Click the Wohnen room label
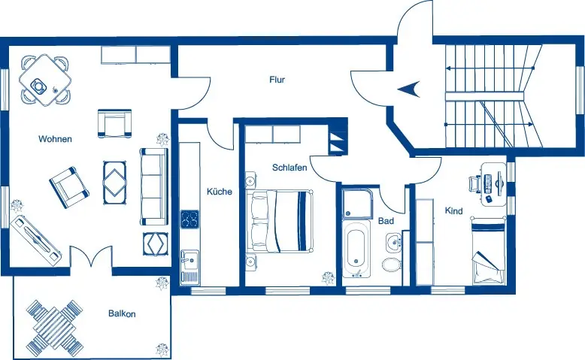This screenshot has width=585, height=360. (55, 139)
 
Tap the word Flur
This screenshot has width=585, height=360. (277, 80)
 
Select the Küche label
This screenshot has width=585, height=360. (220, 192)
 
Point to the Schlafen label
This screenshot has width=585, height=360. (289, 168)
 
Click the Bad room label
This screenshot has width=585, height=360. (386, 221)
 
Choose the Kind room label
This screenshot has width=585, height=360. (453, 210)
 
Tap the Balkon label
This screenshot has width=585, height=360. (122, 313)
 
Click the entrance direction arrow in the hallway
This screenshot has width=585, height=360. (409, 89)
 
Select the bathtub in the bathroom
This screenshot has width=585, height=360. (356, 249)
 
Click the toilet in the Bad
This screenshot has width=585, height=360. (391, 264)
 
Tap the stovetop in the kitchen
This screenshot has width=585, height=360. (189, 219)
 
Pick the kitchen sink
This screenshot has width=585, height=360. (189, 266)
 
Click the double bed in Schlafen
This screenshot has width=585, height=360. (279, 220)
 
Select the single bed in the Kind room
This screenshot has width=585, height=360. (488, 253)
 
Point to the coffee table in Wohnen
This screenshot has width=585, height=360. (114, 183)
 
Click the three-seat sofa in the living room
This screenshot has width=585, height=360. (153, 186)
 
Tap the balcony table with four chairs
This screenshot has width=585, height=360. (55, 328)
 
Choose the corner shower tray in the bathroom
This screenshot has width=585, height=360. (358, 204)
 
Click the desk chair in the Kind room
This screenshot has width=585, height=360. (474, 184)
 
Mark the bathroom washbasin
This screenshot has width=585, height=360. (393, 242)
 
